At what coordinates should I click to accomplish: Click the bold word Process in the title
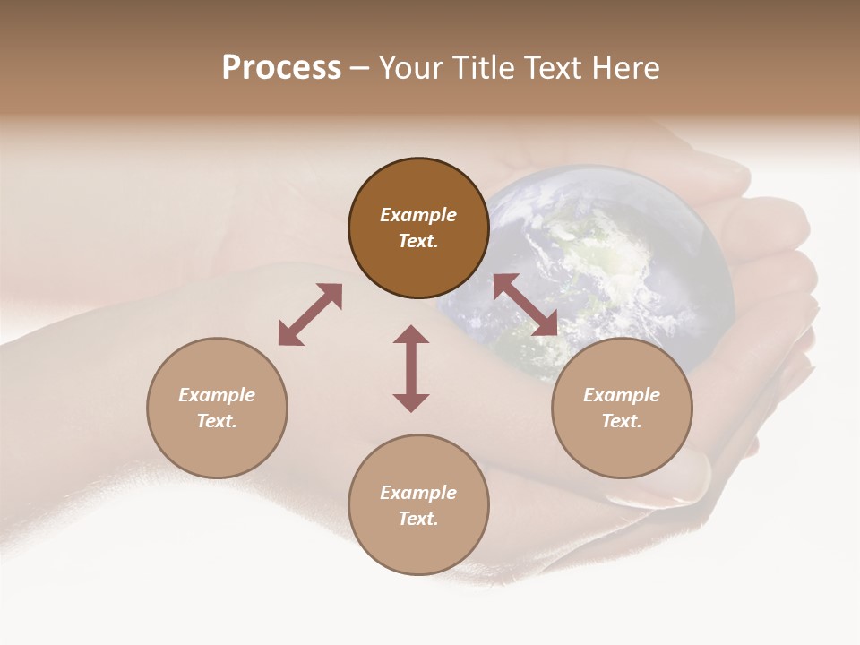pos(281,68)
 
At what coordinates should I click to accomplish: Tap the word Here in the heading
pos(625,68)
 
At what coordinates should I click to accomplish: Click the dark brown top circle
pos(418,228)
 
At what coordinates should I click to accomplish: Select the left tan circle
pos(217,408)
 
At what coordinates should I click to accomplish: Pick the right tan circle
pos(622,408)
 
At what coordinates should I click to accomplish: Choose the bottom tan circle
pos(418,504)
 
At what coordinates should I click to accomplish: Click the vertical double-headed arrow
pos(411,368)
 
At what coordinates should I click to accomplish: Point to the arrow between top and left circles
pos(310,314)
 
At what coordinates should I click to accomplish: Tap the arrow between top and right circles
pos(525,305)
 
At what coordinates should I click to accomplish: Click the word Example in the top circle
pos(418,215)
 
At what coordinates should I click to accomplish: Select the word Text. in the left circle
pos(217,421)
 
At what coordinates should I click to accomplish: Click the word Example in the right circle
pos(622,395)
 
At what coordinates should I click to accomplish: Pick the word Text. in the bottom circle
pos(418,519)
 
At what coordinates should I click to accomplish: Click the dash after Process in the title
pos(360,68)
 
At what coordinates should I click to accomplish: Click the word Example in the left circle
pos(217,395)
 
